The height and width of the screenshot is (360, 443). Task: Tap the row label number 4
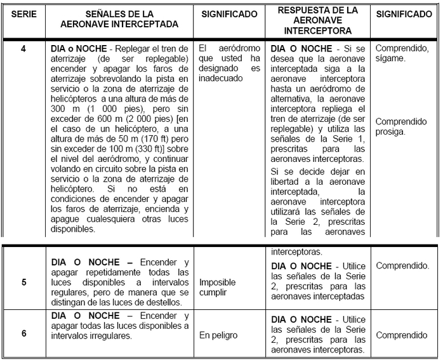[x=23, y=48]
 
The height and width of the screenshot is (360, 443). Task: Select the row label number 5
[x=23, y=282]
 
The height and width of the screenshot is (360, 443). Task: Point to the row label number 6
[x=23, y=331]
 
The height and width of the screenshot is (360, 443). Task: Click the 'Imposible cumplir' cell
[x=218, y=287]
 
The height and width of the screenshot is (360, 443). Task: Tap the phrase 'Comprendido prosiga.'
[x=404, y=127]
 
